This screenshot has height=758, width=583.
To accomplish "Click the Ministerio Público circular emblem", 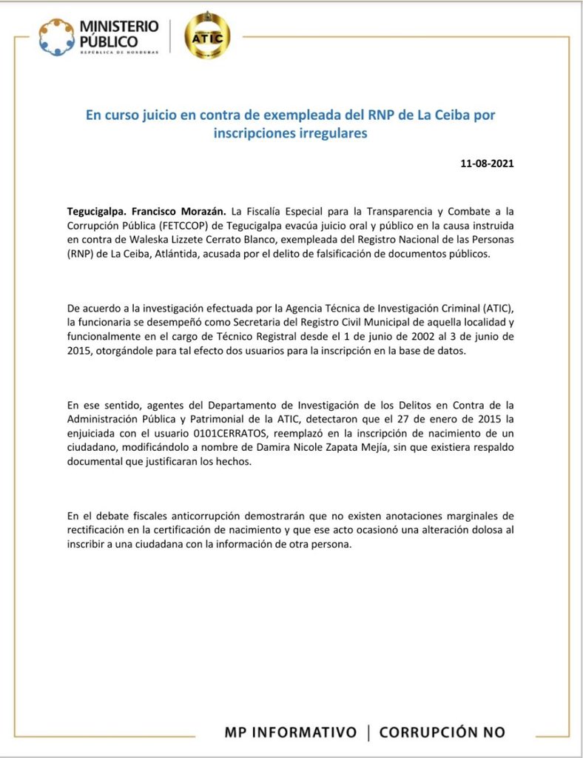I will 56,36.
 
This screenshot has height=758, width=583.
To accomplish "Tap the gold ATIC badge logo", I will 206,36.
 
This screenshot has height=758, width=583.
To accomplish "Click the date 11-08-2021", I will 487,163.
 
